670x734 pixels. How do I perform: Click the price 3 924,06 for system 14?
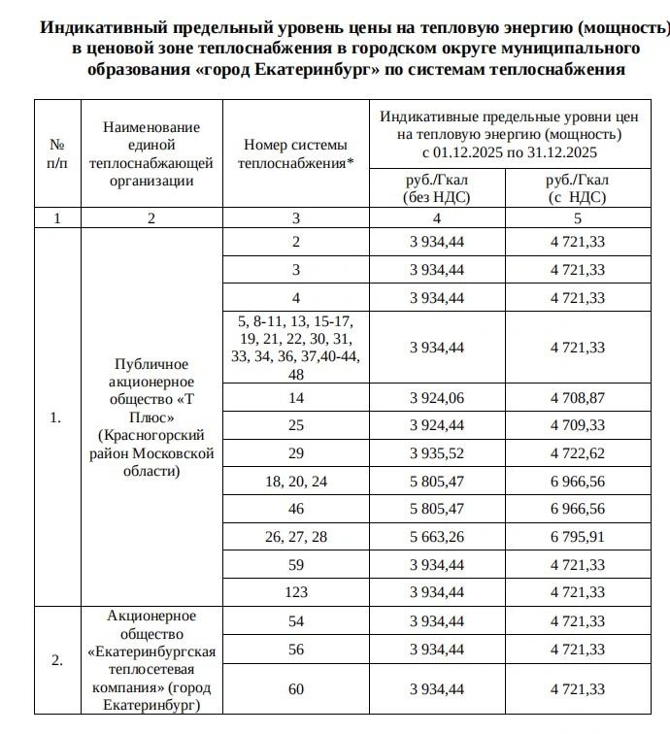(x=437, y=397)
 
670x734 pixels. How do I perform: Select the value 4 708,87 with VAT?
(x=577, y=397)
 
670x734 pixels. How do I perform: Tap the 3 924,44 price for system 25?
(x=437, y=425)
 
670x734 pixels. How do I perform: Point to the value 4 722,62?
(x=577, y=452)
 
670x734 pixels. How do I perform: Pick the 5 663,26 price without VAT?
(x=437, y=536)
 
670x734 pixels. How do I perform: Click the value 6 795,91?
(x=577, y=536)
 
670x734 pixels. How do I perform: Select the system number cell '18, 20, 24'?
(x=296, y=481)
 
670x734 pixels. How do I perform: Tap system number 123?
(x=296, y=591)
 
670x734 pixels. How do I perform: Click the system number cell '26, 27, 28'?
(x=296, y=536)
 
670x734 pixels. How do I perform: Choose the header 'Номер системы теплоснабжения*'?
(x=296, y=153)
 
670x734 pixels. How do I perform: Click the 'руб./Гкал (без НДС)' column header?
(x=437, y=188)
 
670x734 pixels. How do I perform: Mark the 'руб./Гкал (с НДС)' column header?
(x=577, y=188)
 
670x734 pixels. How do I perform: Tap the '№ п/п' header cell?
(x=56, y=153)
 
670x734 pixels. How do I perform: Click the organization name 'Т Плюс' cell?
(x=151, y=417)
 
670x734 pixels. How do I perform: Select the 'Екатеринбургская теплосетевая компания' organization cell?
(x=151, y=660)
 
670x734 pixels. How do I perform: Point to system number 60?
(x=296, y=688)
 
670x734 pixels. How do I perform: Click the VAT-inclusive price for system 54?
(x=577, y=620)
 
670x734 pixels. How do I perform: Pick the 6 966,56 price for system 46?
(x=577, y=508)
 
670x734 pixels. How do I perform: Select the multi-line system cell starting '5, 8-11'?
(x=296, y=347)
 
